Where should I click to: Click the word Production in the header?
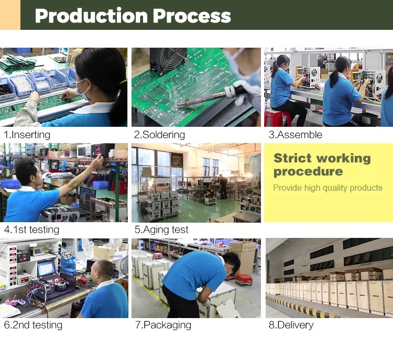pos(92,16)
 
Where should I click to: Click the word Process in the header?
pos(192,16)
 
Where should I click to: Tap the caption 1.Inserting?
pos(27,135)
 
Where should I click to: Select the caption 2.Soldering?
pos(159,135)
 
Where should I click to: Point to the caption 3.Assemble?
pos(295,135)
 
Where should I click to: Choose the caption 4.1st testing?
pos(31,230)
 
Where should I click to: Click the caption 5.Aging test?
pos(161,230)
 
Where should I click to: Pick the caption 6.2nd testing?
pos(33,325)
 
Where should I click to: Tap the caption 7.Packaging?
pos(163,325)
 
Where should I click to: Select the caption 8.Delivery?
pos(291,325)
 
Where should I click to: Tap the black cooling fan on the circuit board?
pos(168,61)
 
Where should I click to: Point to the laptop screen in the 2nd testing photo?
pos(47,268)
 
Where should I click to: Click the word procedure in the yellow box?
pos(308,172)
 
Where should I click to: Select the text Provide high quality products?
pos(327,188)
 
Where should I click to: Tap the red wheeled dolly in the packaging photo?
pos(244,279)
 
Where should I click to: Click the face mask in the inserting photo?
pos(82,90)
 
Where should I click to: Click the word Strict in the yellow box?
pos(292,158)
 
